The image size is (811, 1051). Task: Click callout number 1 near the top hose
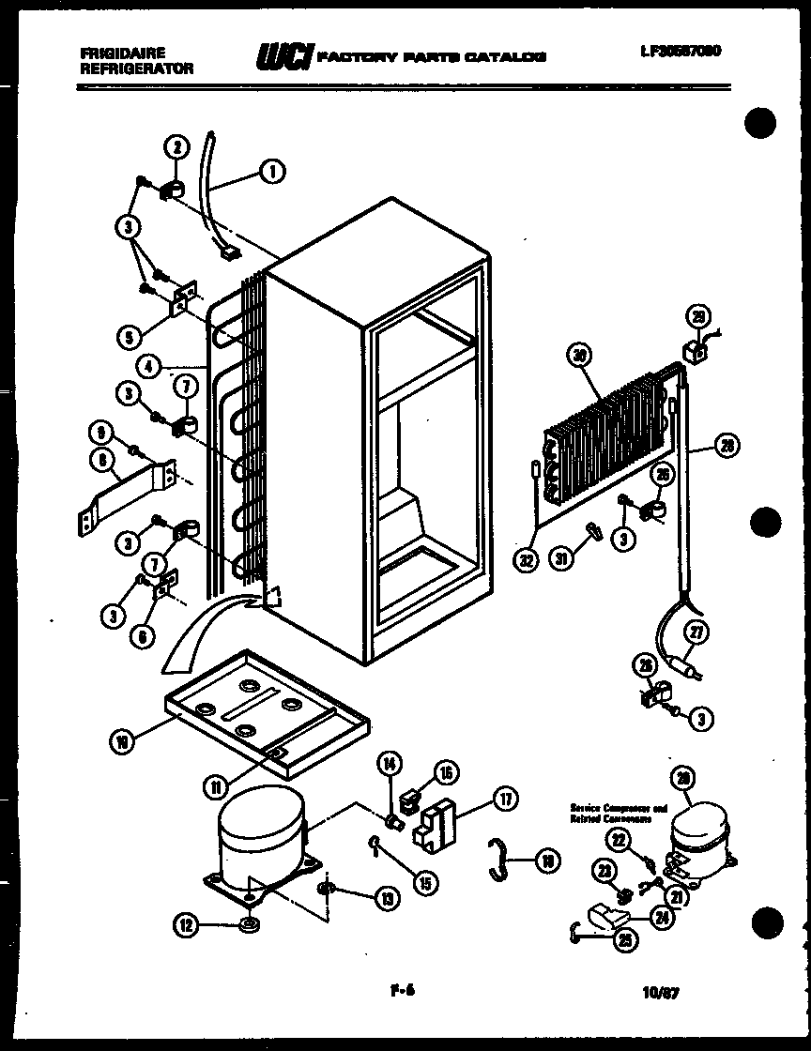(x=271, y=171)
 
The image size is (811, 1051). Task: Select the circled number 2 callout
(x=176, y=146)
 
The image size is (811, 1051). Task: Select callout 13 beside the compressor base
(x=385, y=898)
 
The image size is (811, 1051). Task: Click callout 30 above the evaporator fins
(x=579, y=355)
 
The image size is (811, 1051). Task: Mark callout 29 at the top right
(x=696, y=316)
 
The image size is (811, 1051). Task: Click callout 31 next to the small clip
(x=561, y=561)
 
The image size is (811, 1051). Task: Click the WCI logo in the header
(x=282, y=56)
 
